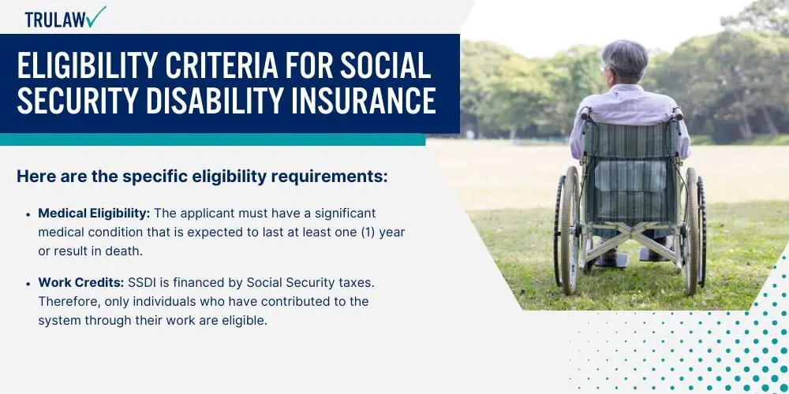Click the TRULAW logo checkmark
(95, 17)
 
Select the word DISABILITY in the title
(211, 100)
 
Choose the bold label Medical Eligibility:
(94, 214)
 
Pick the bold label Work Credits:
(81, 283)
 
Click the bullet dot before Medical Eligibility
(28, 214)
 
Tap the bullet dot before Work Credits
(28, 284)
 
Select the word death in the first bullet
(125, 251)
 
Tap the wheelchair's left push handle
(585, 113)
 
